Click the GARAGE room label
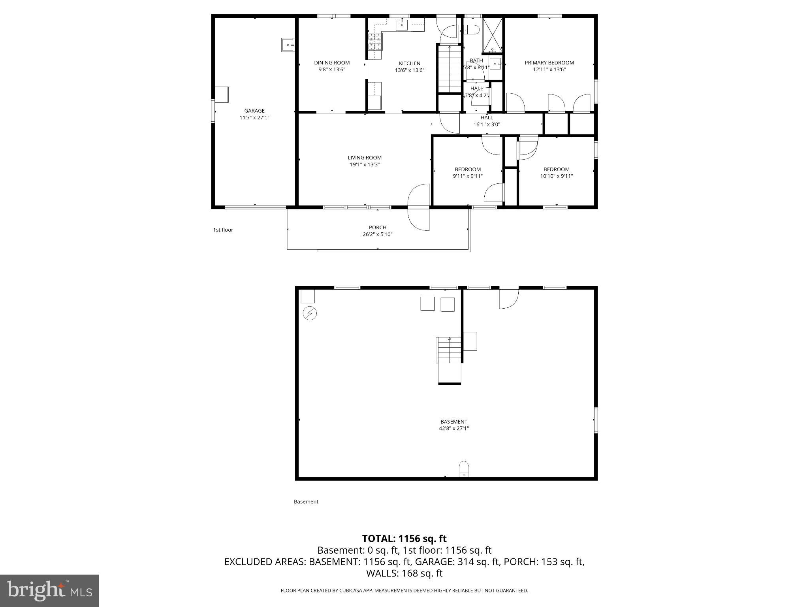(254, 111)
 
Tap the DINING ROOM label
(332, 62)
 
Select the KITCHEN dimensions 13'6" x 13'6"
(410, 70)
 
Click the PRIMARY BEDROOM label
(549, 62)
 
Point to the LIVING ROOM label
(365, 158)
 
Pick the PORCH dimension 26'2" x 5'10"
(378, 234)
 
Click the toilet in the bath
(471, 29)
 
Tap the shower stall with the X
(493, 35)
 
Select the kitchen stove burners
(376, 42)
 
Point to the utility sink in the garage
(288, 45)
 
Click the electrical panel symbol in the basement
(310, 313)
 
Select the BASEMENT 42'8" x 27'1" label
(454, 425)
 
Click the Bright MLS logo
(49, 590)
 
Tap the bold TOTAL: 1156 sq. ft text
(404, 539)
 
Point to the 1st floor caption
(223, 230)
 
